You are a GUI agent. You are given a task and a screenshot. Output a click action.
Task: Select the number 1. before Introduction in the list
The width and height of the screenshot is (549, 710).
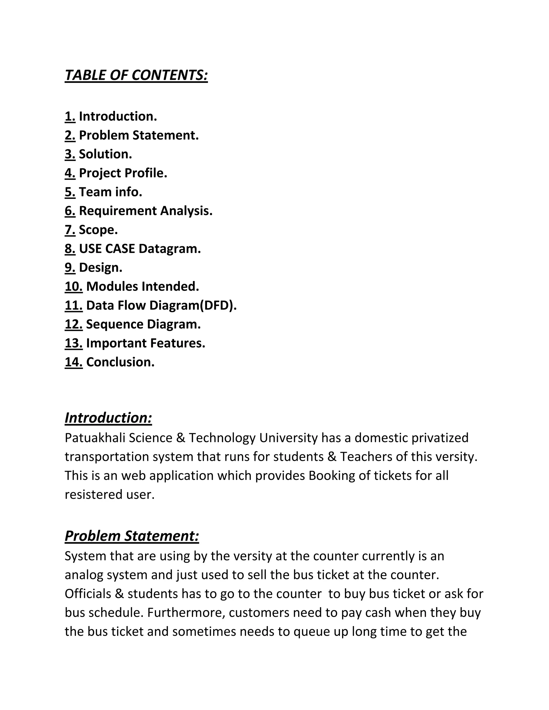point(70,116)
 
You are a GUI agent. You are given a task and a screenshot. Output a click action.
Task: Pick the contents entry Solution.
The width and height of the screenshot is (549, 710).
point(105,154)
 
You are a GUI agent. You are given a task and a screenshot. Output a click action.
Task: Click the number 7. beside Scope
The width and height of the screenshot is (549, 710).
point(70,230)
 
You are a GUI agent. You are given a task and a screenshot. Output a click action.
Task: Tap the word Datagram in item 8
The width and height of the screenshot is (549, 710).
point(169,249)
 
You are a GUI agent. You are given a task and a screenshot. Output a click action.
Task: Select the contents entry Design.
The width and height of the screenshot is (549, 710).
point(100,268)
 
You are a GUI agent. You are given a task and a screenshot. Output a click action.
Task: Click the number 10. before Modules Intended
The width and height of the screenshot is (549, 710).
point(73,286)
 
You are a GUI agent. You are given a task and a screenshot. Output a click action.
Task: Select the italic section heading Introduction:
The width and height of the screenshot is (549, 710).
point(108,418)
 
